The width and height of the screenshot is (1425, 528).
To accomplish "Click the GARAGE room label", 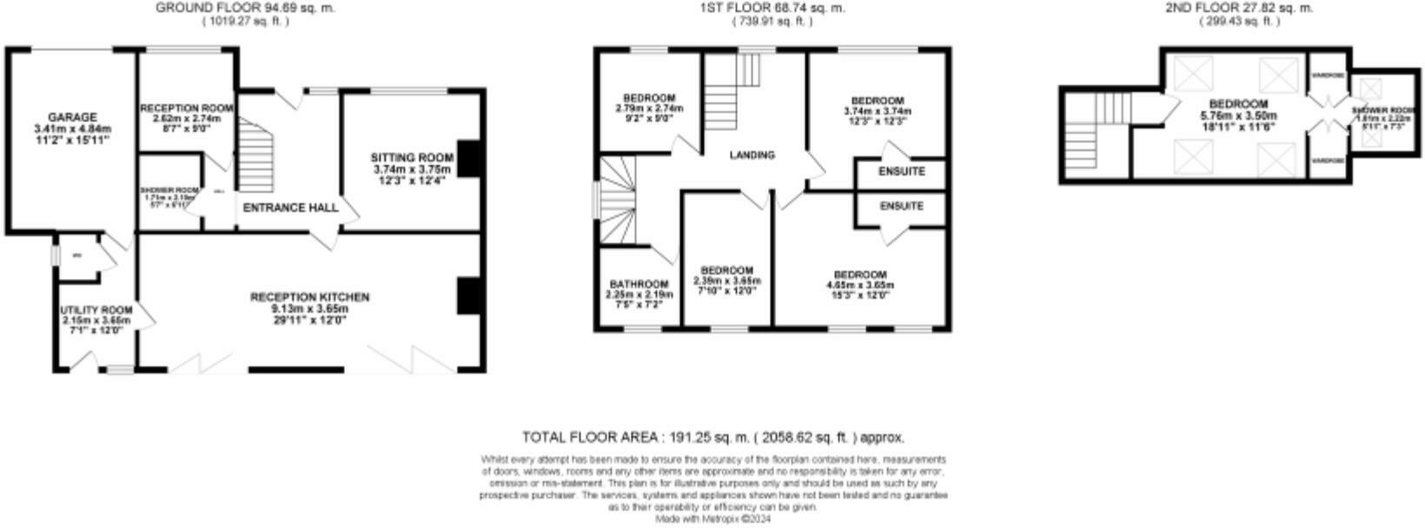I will (x=72, y=117).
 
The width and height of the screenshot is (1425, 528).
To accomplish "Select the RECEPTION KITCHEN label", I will (x=309, y=297).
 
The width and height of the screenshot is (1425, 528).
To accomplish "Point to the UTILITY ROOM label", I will (x=96, y=310).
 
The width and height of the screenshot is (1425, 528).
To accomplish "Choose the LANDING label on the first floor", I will (x=752, y=155).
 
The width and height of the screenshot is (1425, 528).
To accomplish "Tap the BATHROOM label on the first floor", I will (x=639, y=284).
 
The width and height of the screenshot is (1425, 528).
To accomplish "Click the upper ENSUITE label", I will (x=901, y=172).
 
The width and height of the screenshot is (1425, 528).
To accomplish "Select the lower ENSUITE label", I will (x=901, y=207).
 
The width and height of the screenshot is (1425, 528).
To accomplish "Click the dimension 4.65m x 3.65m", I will (x=859, y=285).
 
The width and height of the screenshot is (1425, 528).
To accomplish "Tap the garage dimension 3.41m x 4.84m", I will (x=72, y=129).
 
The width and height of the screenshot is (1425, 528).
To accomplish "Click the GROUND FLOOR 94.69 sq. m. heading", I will (x=245, y=8).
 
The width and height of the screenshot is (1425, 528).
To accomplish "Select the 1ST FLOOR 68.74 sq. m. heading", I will (x=772, y=8).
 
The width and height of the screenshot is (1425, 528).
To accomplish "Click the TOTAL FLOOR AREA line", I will (x=712, y=437).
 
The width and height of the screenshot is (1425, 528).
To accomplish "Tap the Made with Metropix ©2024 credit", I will (x=713, y=518).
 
